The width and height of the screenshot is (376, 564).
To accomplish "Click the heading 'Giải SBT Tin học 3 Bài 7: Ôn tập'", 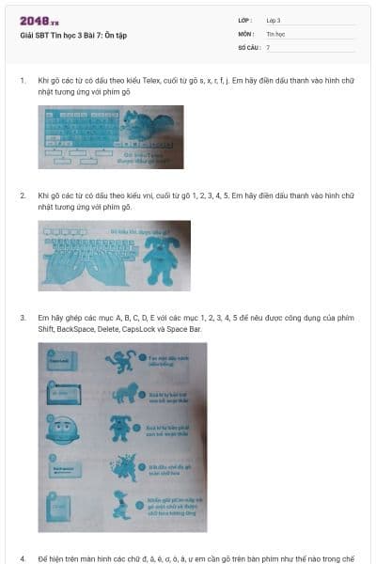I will point(74,36).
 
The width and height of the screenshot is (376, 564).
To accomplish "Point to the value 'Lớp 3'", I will point(274,20).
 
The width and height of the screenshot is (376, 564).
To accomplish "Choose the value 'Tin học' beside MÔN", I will point(275,33).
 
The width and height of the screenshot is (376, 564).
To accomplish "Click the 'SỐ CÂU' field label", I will point(247,46).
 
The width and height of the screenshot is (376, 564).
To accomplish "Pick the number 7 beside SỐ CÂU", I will point(268,46).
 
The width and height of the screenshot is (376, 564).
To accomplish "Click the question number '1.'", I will point(23,81).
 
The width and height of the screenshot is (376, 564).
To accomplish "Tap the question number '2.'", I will point(23,196).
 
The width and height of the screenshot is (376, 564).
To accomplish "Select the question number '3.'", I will point(23,318).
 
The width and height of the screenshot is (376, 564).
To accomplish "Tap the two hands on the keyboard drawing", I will point(90,262).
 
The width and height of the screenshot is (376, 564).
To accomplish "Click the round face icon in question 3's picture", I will point(61,431).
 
